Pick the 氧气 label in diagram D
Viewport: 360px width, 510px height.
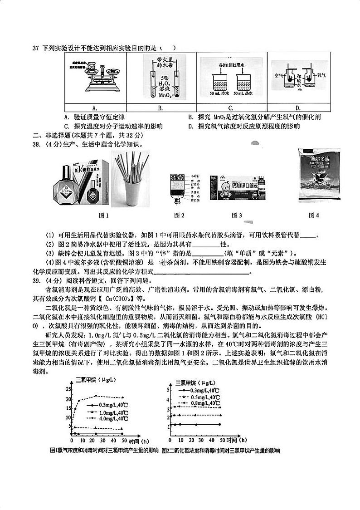coord(321,76)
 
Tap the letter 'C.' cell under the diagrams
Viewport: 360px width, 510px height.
coord(231,108)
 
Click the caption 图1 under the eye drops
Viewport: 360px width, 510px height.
coord(104,215)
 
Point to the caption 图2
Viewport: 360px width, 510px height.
coord(180,215)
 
